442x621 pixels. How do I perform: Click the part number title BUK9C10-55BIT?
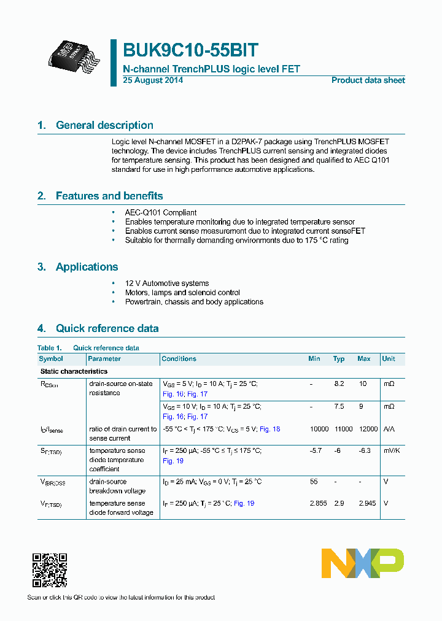(x=191, y=50)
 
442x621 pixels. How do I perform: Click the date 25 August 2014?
(x=153, y=80)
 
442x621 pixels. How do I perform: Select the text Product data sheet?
(x=368, y=80)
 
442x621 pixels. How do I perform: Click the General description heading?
(x=104, y=125)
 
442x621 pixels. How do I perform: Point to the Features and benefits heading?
(x=109, y=196)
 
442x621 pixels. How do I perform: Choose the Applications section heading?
(x=87, y=267)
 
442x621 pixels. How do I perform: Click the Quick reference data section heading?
(x=107, y=328)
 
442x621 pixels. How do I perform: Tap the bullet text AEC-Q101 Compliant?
(x=161, y=212)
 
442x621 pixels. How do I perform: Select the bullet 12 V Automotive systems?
(x=167, y=283)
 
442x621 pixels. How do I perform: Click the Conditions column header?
(x=179, y=359)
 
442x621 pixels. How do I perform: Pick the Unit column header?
(x=389, y=359)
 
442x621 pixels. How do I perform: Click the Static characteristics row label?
(x=74, y=371)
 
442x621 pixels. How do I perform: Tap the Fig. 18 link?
(x=269, y=429)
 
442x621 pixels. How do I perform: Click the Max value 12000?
(x=367, y=429)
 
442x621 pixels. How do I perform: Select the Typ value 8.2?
(x=339, y=384)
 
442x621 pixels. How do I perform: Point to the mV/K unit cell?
(x=392, y=450)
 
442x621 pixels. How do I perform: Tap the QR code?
(x=49, y=570)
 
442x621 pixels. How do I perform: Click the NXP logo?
(x=363, y=563)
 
